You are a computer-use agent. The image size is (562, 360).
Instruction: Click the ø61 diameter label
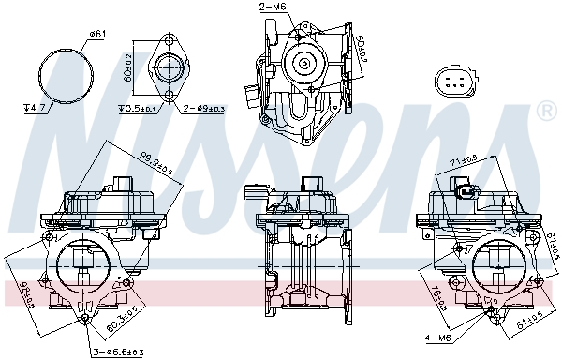(96, 35)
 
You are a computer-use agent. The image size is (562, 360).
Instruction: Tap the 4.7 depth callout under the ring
(35, 109)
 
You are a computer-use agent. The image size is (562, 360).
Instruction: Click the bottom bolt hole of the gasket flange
(170, 94)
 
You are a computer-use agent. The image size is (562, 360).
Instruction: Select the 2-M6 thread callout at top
(245, 8)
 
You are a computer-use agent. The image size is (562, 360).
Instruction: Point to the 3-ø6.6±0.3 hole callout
(117, 352)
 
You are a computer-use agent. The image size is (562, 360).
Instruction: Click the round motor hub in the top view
(303, 63)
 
